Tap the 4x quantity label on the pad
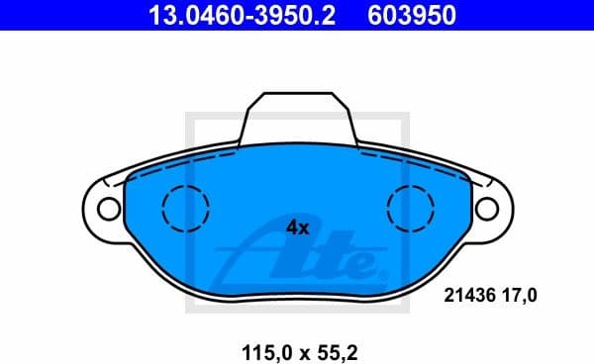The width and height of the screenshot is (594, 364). coord(297,227)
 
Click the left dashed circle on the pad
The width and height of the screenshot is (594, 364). coord(185,208)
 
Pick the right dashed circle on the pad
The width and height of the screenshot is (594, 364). coord(411,208)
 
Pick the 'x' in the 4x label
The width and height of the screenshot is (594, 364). coord(305,228)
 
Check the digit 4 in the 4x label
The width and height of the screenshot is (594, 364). coord(291,227)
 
